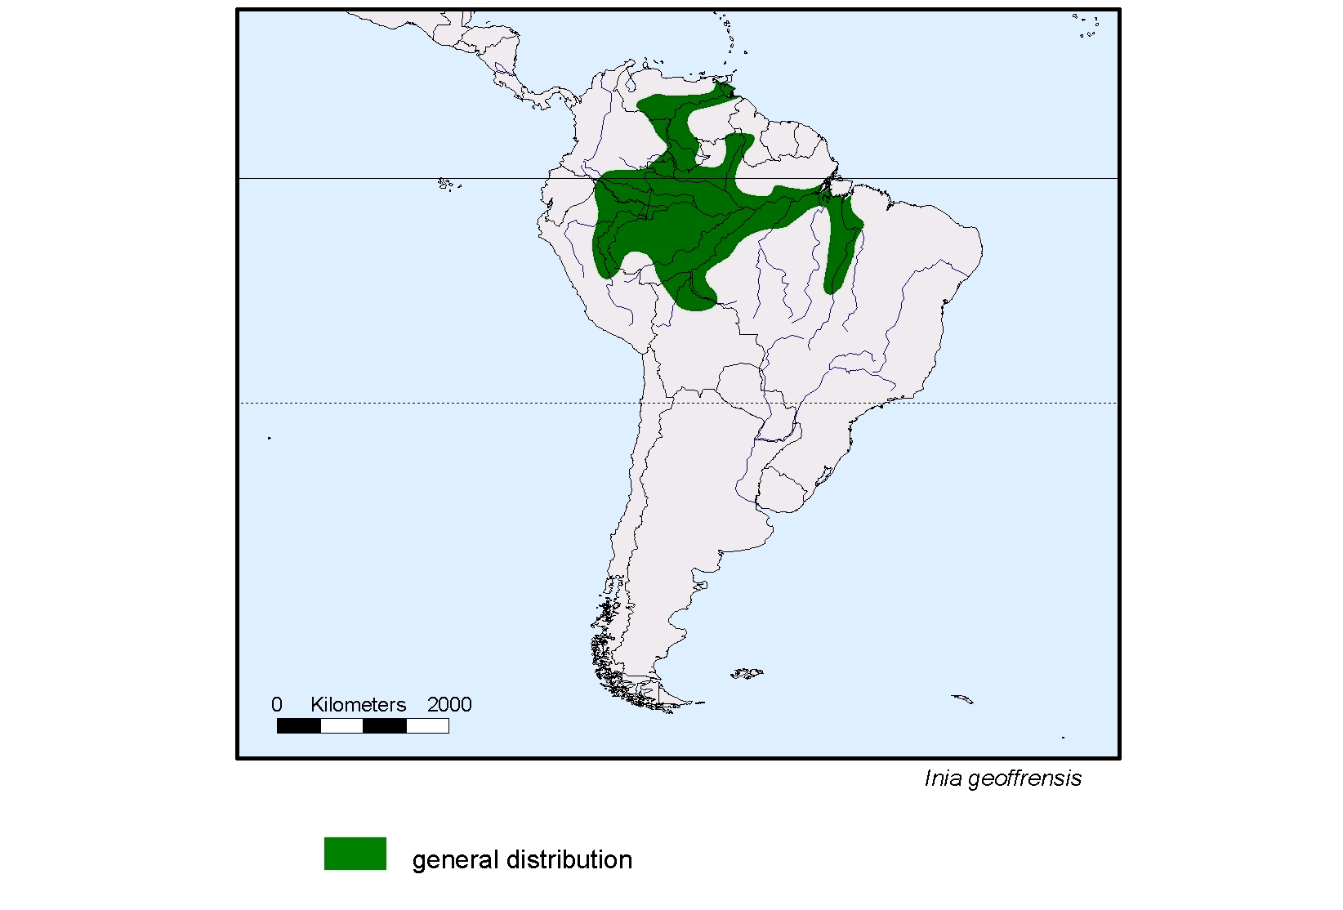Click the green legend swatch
tap(355, 854)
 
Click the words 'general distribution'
tap(522, 860)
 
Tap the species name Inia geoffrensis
tap(1002, 778)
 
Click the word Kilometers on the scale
tap(358, 705)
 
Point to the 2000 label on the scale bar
tap(449, 705)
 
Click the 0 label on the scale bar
tap(277, 705)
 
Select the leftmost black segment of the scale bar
tap(299, 725)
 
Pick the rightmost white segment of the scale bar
tap(427, 725)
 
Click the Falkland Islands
tap(747, 674)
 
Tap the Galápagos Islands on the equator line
tap(446, 185)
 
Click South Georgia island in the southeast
tap(962, 699)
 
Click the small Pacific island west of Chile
tap(270, 438)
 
